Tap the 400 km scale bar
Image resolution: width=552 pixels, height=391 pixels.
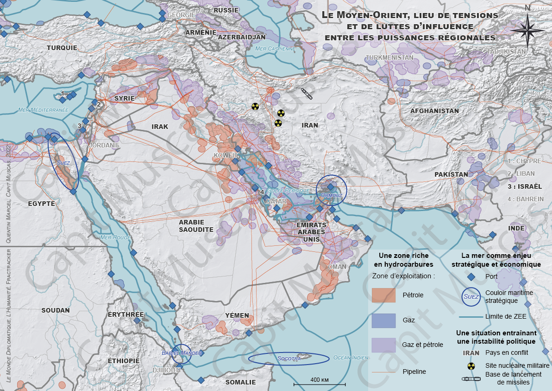[x=320, y=384]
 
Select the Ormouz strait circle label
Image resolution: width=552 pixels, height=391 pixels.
[x=331, y=195]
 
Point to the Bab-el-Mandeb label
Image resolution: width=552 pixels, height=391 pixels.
[x=182, y=353]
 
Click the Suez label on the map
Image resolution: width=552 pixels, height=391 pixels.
[x=63, y=163]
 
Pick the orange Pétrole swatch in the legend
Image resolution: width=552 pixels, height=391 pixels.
[x=383, y=295]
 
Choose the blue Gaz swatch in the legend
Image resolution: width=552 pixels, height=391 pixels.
[x=383, y=320]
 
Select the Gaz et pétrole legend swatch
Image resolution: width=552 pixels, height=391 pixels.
[x=383, y=345]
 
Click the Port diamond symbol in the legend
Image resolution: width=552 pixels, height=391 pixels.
[x=470, y=277]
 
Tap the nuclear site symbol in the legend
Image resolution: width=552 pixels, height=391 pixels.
[x=470, y=366]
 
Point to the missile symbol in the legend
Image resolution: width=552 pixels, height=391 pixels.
[x=470, y=378]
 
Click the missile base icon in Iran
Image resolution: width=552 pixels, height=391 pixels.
[x=307, y=94]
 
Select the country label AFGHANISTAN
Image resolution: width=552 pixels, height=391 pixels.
[x=434, y=111]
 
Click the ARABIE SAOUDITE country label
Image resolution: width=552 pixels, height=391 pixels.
[x=196, y=226]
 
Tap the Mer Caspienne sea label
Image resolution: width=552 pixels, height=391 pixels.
[x=275, y=48]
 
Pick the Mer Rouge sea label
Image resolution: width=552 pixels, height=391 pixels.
[x=115, y=237]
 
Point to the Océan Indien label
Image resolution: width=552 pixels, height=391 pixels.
[x=351, y=358]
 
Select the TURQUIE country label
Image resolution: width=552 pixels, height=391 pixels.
[x=62, y=47]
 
